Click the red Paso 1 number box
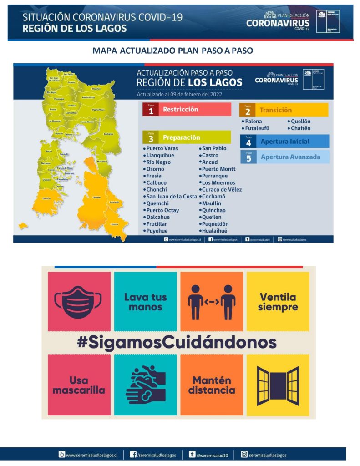[x=150, y=110]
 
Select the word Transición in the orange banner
[x=275, y=110]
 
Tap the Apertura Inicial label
[x=285, y=142]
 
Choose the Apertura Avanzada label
[x=290, y=157]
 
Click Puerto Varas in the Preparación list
[x=162, y=148]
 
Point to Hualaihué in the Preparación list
[x=214, y=231]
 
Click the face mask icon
[x=79, y=301]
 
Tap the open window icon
[x=278, y=385]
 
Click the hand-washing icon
[x=145, y=385]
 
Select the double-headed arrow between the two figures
[x=212, y=301]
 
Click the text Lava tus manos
[x=146, y=302]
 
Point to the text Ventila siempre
[x=278, y=302]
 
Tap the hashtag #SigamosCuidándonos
[x=177, y=342]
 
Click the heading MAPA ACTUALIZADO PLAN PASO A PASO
[x=172, y=51]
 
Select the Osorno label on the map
[x=71, y=82]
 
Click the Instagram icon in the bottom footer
[x=244, y=454]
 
